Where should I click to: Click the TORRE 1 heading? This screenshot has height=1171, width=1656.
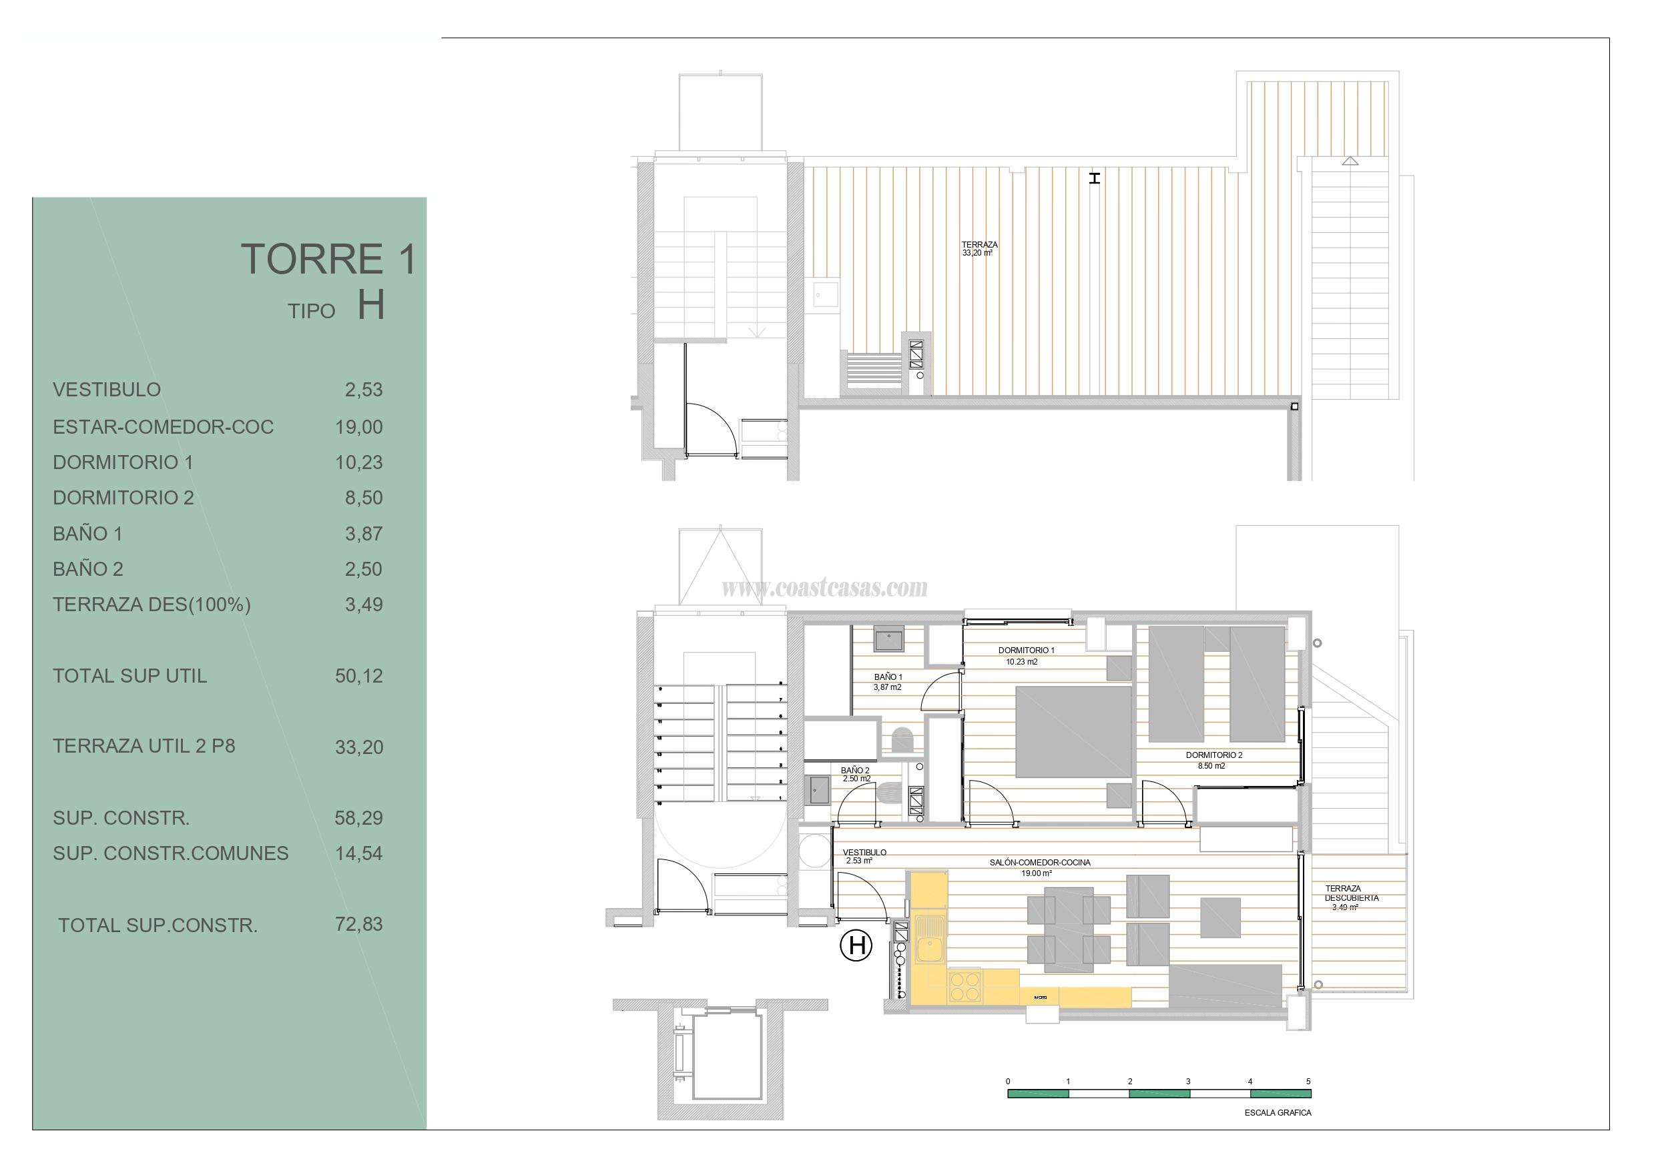coord(328,260)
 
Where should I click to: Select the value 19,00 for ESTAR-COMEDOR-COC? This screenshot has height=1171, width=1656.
coord(358,427)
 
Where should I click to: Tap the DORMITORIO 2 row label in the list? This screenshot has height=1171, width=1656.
coord(123,498)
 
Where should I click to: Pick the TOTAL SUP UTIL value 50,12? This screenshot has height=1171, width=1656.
coord(358,677)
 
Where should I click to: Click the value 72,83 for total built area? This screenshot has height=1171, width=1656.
coord(358,924)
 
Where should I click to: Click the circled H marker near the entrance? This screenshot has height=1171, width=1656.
coord(857,945)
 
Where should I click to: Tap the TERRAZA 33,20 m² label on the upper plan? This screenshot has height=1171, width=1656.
coord(979,249)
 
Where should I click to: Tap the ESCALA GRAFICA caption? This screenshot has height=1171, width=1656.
coord(1278,1112)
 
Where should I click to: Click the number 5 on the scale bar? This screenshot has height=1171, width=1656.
coord(1308,1082)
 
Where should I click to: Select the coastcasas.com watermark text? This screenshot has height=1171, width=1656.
coord(824,589)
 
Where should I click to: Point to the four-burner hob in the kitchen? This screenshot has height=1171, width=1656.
coord(966,986)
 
